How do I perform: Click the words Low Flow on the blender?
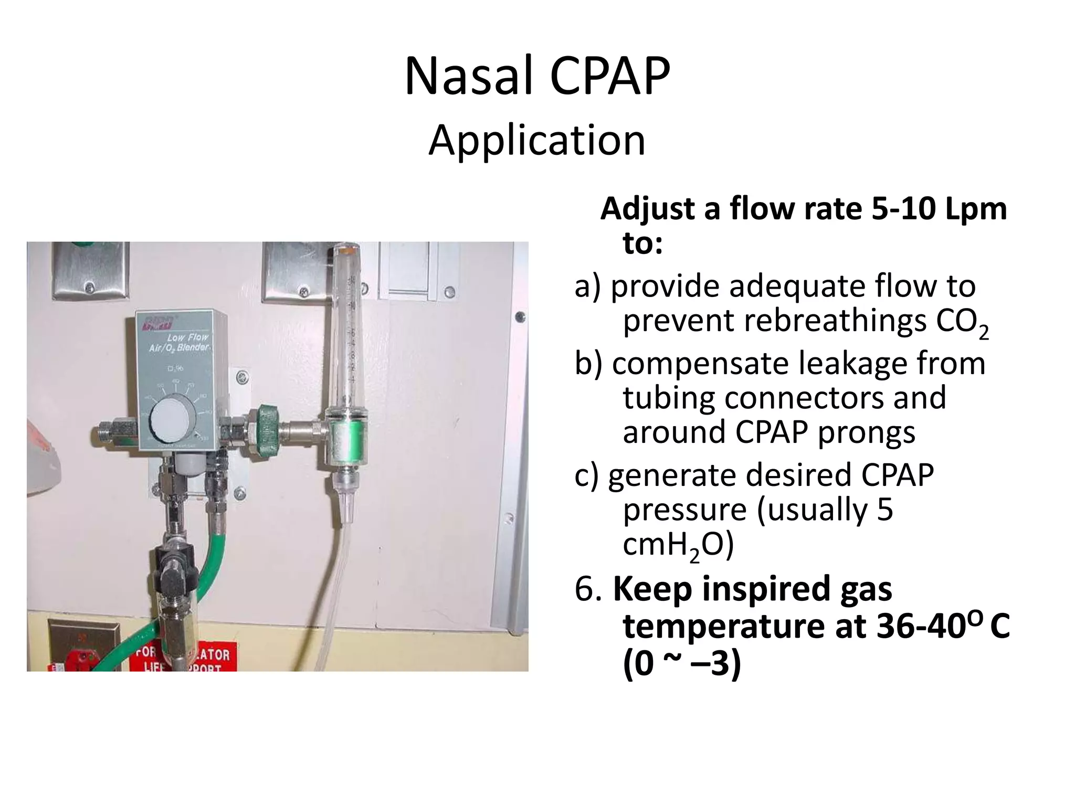coord(188,337)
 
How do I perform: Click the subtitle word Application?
coord(536,141)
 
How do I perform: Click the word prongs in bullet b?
coord(866,432)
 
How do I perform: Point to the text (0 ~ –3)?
coord(681,664)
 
